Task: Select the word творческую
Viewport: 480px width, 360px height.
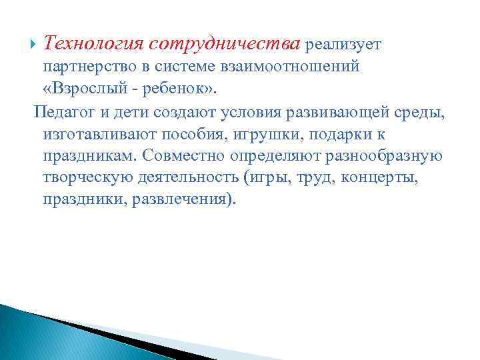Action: (x=85, y=179)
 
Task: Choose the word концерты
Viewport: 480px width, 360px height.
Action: (x=373, y=179)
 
